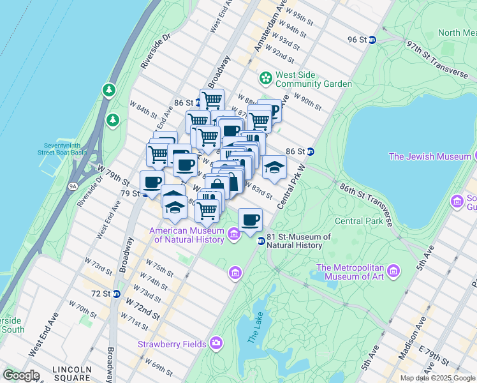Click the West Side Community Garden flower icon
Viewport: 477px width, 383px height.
[265, 78]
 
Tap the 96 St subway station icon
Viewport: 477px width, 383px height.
[373, 40]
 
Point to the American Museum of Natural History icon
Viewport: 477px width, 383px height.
[234, 236]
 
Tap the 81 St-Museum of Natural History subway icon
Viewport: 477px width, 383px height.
[261, 241]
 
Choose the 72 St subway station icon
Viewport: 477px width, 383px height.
[116, 294]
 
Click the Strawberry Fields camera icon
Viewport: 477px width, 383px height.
[217, 344]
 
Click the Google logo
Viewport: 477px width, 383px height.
[21, 375]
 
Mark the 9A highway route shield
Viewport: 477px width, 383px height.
[73, 186]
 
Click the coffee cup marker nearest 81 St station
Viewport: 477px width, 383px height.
[250, 220]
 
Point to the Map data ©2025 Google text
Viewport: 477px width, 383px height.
[437, 378]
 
